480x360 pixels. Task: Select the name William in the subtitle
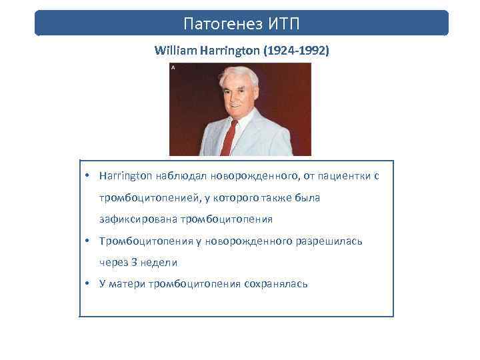click(x=175, y=51)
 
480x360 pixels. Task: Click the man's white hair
click(x=238, y=75)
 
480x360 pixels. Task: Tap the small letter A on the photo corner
click(x=173, y=68)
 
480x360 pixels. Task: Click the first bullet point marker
click(x=88, y=176)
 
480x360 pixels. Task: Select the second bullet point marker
click(x=88, y=241)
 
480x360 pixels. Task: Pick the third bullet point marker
click(x=88, y=284)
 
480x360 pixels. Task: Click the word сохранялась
click(x=273, y=284)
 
